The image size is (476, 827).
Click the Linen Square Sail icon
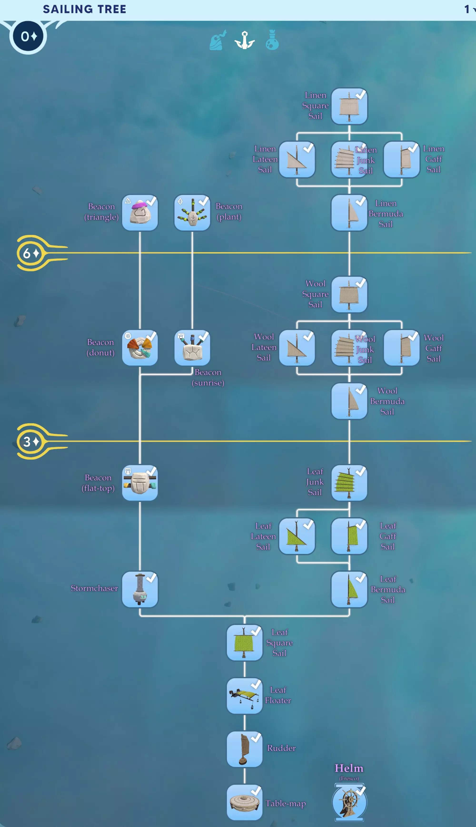pos(349,106)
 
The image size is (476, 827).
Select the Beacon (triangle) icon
pos(140,213)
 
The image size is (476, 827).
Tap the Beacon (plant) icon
pos(192,213)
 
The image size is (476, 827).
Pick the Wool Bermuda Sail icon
pos(349,401)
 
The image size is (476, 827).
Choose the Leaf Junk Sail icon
pos(349,483)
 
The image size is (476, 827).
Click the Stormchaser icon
pos(140,589)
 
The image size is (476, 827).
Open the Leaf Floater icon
pos(244,696)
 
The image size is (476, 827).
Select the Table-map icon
pos(244,802)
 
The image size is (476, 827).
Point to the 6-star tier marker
pos(31,253)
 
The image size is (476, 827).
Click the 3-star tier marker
pos(31,442)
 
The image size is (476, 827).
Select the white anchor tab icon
pos(244,40)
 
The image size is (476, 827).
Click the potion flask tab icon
pos(272,40)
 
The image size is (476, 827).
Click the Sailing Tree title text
pos(84,9)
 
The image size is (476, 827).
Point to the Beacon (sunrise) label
pos(208,378)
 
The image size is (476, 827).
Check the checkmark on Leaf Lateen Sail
pos(308,524)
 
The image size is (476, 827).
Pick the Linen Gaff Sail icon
pos(402,159)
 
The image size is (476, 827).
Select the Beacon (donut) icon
pos(140,348)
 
